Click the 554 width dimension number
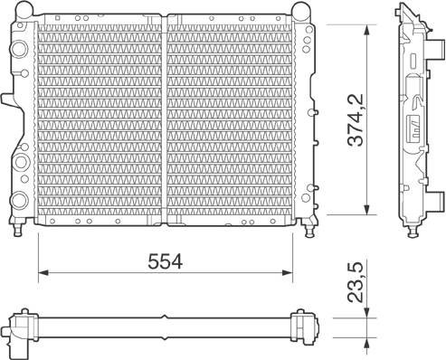point(166,261)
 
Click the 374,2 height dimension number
point(356,120)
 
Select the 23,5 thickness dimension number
point(356,282)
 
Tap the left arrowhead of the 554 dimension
point(43,272)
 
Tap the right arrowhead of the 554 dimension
point(288,272)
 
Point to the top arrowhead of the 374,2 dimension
point(366,30)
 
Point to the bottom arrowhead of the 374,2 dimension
point(366,210)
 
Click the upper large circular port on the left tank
point(20,49)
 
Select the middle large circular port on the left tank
point(21,162)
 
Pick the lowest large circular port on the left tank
point(20,200)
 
